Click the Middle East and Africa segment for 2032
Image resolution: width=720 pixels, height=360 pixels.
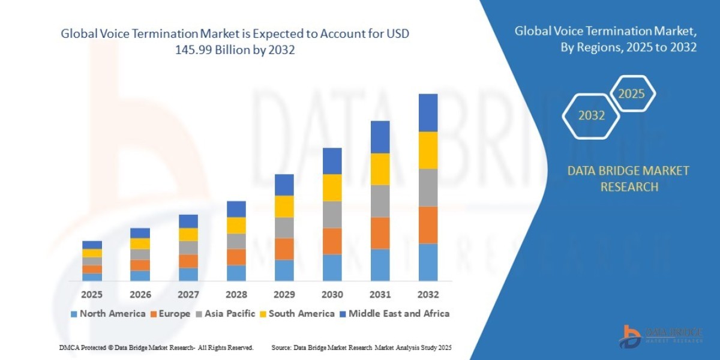coord(428,113)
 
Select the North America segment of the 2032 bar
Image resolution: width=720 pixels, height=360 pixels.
coord(428,262)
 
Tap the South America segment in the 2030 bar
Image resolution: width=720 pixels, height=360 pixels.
coord(332,188)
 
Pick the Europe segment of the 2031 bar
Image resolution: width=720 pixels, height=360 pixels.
coord(380,233)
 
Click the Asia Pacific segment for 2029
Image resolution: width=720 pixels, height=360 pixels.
coord(284,228)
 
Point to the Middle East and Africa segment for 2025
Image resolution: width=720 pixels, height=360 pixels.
coord(92,245)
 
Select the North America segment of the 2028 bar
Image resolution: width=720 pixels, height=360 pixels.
coord(236,273)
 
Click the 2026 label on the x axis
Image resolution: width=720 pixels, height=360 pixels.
coord(140,295)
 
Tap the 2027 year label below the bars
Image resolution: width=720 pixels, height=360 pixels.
coord(188,295)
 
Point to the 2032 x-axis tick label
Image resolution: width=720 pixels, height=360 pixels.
coord(428,295)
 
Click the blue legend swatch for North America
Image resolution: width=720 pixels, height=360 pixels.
coord(74,314)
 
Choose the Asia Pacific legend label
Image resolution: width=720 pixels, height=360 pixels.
coord(230,314)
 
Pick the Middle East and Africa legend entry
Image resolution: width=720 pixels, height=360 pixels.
coord(399,314)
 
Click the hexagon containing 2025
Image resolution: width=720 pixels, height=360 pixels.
coord(631,94)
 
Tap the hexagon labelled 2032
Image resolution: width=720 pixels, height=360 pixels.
coord(591,116)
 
